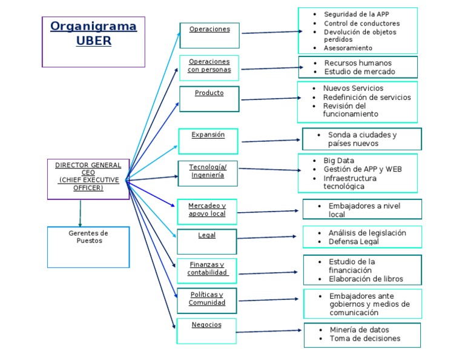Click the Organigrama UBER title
click(x=93, y=33)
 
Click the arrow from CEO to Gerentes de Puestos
click(x=80, y=213)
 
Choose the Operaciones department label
click(x=209, y=29)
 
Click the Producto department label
click(x=209, y=93)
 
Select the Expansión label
click(x=208, y=135)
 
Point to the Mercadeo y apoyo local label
click(x=206, y=210)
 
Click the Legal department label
click(x=206, y=235)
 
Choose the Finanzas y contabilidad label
click(x=207, y=268)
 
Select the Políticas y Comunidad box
click(x=206, y=299)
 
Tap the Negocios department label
click(x=206, y=325)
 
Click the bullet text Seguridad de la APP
click(x=357, y=14)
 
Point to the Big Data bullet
click(x=338, y=160)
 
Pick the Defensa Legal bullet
click(x=354, y=242)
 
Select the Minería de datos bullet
click(x=359, y=330)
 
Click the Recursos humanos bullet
click(x=358, y=63)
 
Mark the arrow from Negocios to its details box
click(x=269, y=331)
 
